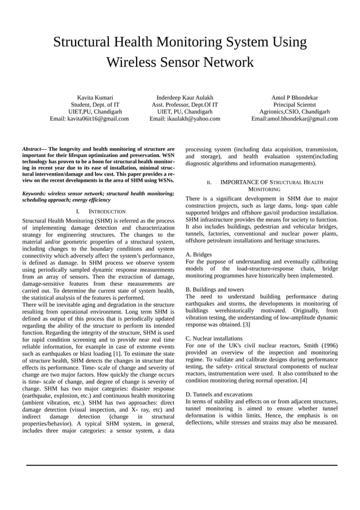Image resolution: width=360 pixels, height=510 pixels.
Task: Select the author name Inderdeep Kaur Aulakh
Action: [x=185, y=98]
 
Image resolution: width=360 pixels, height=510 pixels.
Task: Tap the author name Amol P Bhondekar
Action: [x=294, y=98]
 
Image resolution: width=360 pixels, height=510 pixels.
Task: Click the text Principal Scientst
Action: [x=294, y=105]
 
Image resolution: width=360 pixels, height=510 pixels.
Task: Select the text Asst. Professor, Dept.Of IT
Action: [x=185, y=105]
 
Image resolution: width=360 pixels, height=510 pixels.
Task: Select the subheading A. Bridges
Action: [x=199, y=255]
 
